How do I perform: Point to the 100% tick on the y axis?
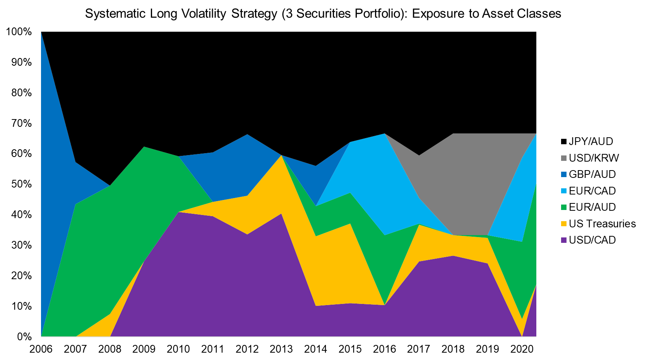(x=19, y=32)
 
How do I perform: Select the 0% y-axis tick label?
(x=24, y=337)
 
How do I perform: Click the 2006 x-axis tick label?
(x=41, y=349)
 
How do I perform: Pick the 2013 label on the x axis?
(x=281, y=349)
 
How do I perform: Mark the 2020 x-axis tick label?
(x=522, y=349)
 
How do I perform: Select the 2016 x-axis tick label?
(x=384, y=349)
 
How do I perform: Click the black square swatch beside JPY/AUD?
(x=563, y=142)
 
